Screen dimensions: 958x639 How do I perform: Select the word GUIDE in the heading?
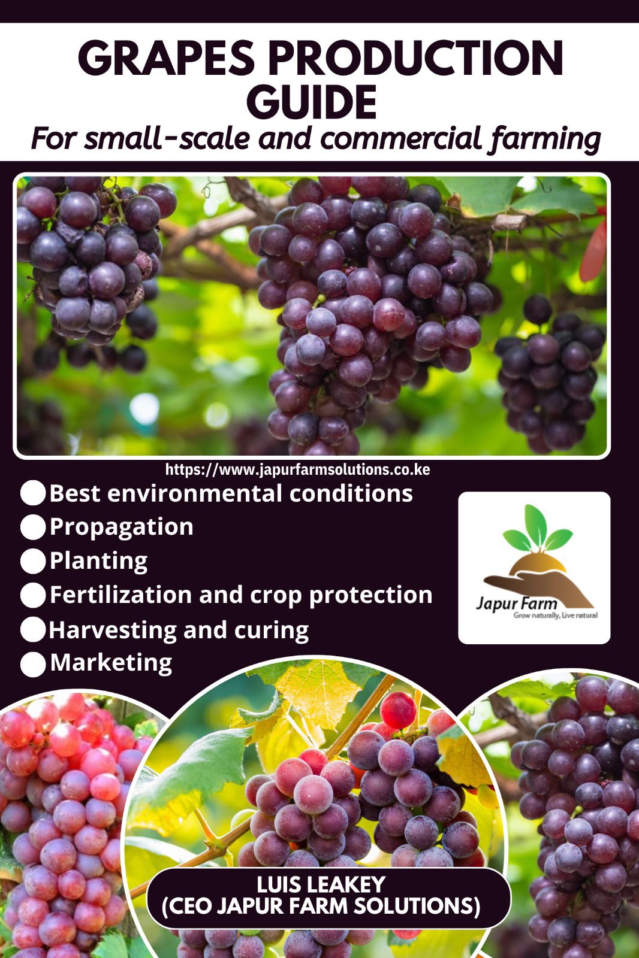[x=312, y=102]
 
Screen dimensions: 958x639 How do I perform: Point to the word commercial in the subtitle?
[x=401, y=139]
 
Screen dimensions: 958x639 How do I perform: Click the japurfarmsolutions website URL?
[x=297, y=469]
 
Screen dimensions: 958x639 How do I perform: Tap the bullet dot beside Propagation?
[x=33, y=527]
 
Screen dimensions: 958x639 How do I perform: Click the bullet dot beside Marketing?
[x=33, y=664]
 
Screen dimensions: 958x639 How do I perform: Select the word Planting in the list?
[x=98, y=561]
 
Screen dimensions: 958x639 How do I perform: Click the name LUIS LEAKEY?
[x=321, y=885]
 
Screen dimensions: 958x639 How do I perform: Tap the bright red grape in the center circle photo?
[x=397, y=710]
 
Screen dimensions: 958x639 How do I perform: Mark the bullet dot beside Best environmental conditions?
[x=33, y=493]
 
